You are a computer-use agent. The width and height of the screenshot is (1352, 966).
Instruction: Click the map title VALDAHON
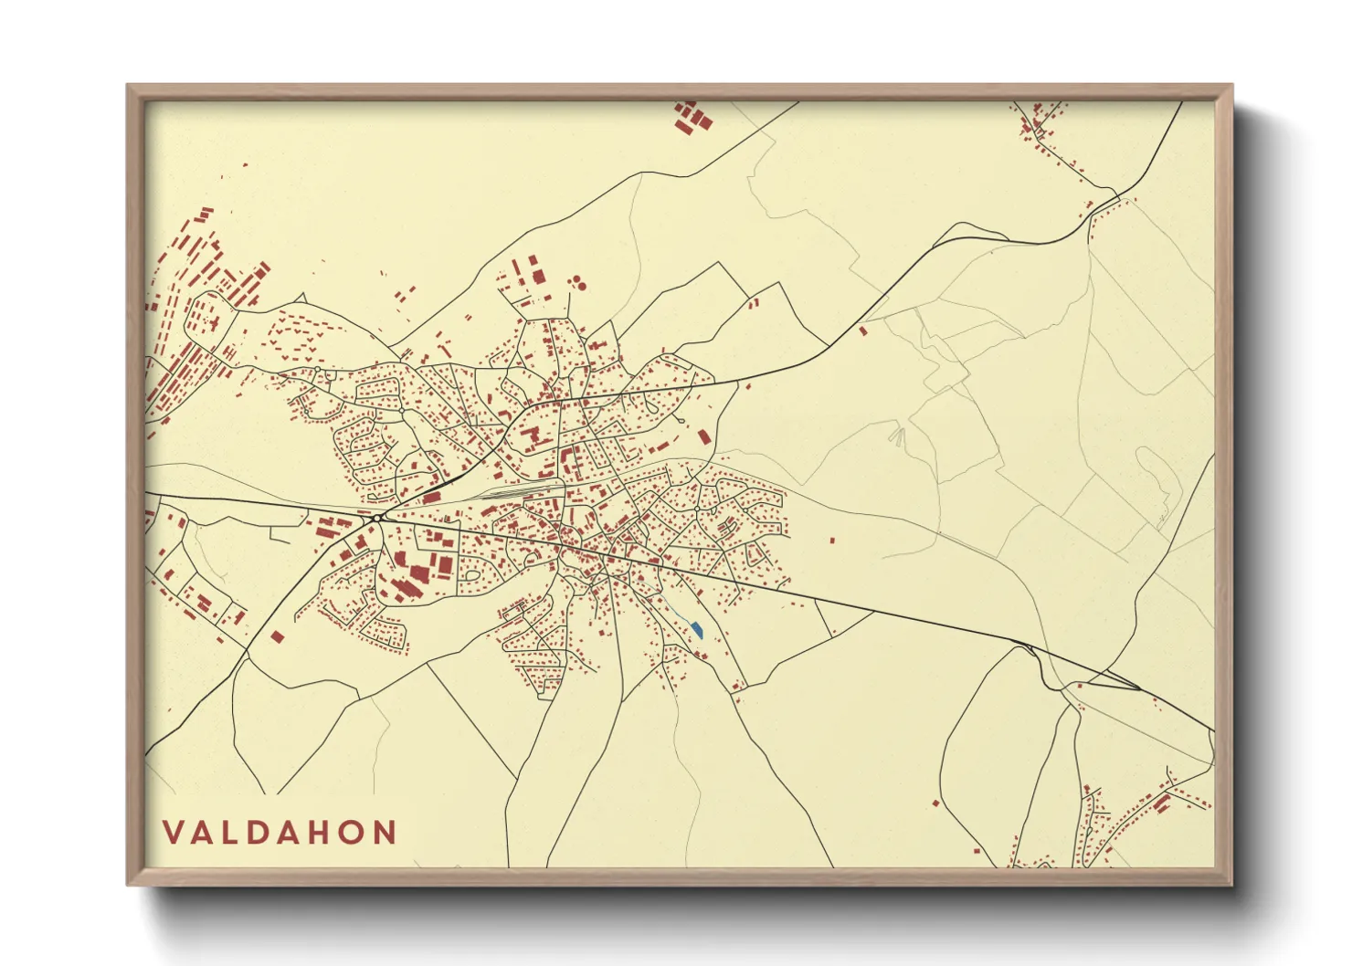280,832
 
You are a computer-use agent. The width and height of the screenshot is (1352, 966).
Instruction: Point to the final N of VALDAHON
386,832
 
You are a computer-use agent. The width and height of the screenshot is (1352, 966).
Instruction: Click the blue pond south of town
697,629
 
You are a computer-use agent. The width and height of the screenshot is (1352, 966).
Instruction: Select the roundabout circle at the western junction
375,519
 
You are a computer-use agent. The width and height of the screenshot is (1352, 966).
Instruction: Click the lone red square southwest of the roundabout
278,636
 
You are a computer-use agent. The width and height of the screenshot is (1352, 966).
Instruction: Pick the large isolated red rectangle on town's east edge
703,437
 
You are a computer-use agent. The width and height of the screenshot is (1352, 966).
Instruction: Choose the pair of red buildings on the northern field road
753,301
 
